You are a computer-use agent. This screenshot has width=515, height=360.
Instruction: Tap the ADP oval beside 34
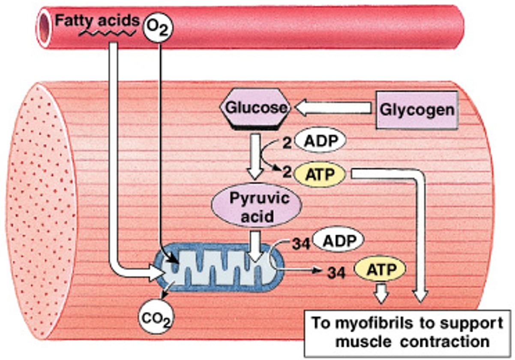click(x=338, y=241)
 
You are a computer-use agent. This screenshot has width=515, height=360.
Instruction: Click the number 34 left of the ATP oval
click(x=336, y=271)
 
